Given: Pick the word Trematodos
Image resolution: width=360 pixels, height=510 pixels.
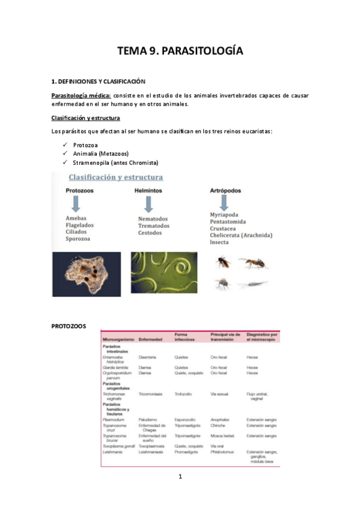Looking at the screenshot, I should [x=154, y=226].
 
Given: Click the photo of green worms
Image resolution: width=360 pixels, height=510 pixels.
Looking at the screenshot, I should [x=158, y=274].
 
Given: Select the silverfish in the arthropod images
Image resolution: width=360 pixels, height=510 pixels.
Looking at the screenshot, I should [x=252, y=284].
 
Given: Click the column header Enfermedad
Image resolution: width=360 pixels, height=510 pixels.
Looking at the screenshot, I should [x=151, y=340].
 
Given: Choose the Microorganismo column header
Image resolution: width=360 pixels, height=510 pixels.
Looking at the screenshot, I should [x=119, y=340].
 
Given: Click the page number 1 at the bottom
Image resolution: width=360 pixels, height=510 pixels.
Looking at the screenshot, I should [x=180, y=477].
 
